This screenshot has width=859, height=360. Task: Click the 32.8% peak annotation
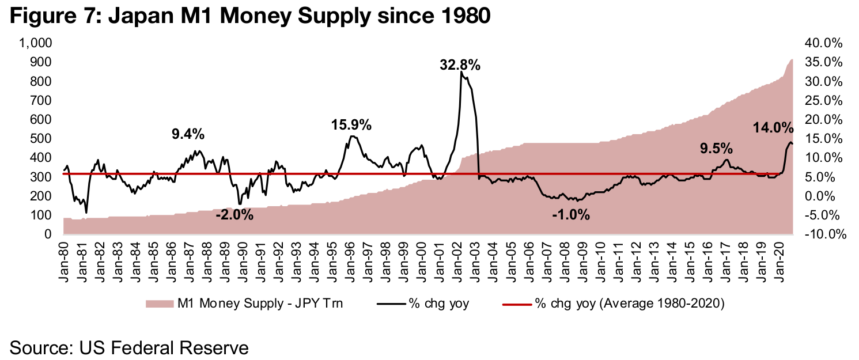[460, 65]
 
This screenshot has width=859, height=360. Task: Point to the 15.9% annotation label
[351, 124]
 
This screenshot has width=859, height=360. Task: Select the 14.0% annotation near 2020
[773, 128]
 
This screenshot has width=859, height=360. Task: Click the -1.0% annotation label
[570, 215]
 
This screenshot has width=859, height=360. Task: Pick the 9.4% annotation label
[188, 134]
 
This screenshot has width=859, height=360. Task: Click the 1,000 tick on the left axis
[36, 44]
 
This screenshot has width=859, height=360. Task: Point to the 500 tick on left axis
[40, 139]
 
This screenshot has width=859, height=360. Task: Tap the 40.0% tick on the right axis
[824, 44]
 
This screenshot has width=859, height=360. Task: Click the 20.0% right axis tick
[824, 120]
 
